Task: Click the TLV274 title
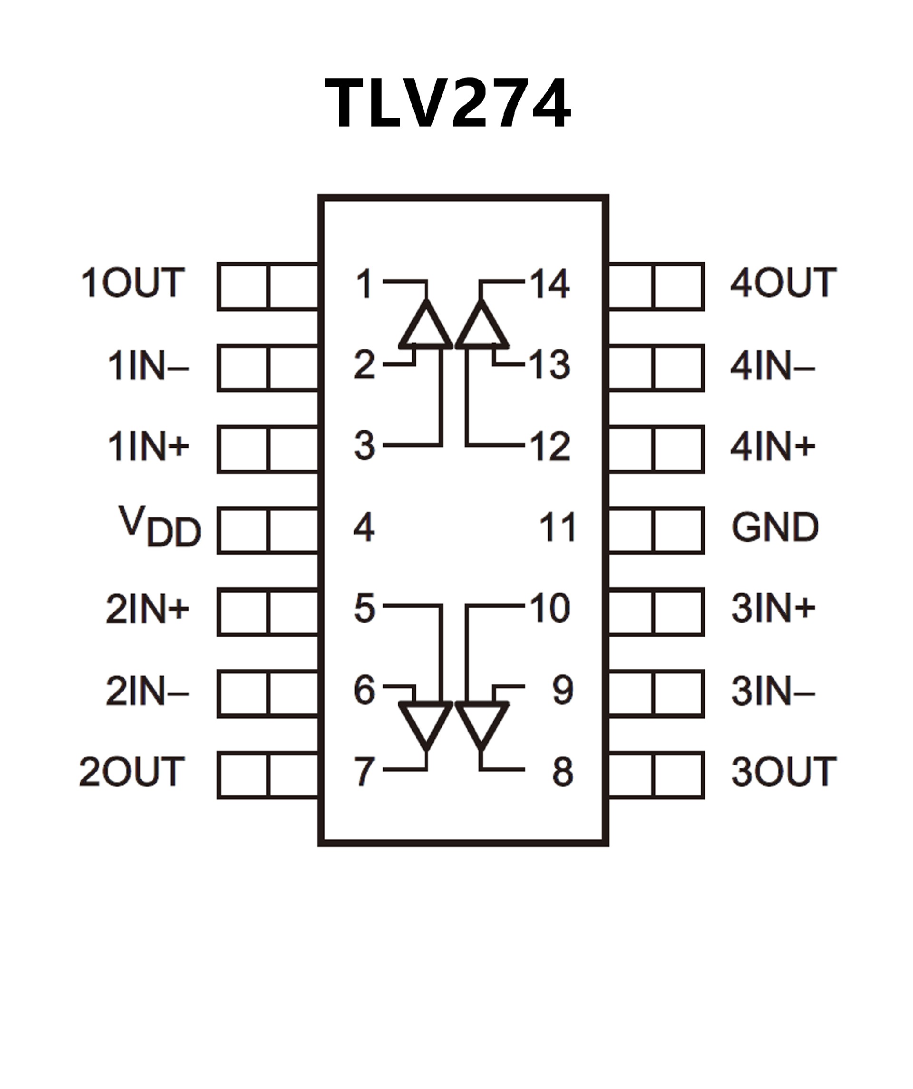tap(447, 103)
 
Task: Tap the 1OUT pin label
tap(133, 283)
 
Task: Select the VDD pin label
tap(160, 527)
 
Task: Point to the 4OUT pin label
tap(783, 283)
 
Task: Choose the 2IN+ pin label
tap(147, 608)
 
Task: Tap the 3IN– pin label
tap(773, 691)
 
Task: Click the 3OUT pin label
tap(783, 771)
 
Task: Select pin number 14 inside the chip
tap(549, 284)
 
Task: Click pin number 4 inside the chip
tap(364, 527)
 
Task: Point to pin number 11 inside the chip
tap(557, 527)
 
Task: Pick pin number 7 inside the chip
tap(364, 771)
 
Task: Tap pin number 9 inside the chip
tap(563, 690)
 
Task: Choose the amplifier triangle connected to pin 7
tap(426, 723)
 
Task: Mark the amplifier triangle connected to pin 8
tap(481, 723)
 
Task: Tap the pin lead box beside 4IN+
tap(656, 449)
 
